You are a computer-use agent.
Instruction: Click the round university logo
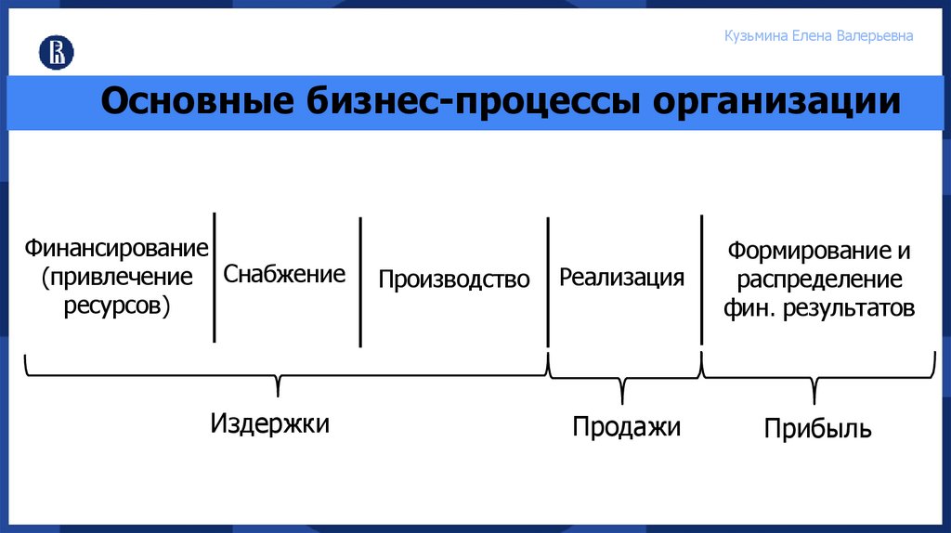point(56,53)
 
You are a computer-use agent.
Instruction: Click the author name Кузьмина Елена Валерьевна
point(818,36)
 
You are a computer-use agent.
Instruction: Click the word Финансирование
point(116,249)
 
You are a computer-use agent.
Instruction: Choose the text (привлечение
point(117,278)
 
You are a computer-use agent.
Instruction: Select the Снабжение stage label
point(284,274)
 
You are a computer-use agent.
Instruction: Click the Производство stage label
point(454,279)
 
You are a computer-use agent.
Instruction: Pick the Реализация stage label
point(622,278)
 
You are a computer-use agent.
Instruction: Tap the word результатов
point(847,308)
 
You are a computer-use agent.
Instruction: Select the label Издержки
point(269,423)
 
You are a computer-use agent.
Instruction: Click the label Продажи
point(626,426)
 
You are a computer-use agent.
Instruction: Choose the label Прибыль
point(817,428)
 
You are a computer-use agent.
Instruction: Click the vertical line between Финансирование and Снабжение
point(215,277)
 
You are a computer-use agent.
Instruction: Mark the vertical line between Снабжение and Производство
point(360,281)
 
